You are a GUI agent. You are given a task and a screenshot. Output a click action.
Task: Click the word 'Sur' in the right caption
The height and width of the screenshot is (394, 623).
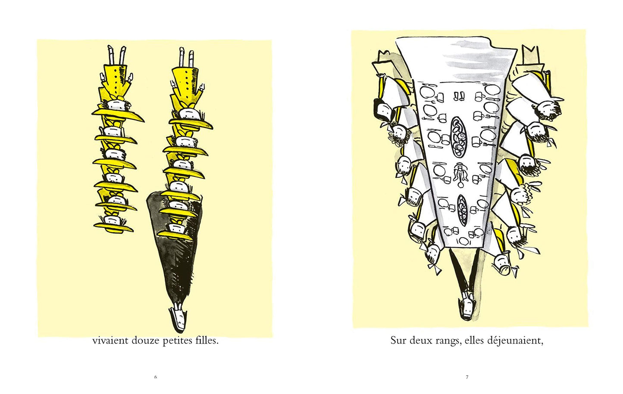(x=398, y=340)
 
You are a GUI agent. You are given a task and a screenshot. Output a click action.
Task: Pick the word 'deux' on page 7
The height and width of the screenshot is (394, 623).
(x=419, y=340)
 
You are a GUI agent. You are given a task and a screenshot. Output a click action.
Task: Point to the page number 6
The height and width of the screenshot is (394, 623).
(x=156, y=377)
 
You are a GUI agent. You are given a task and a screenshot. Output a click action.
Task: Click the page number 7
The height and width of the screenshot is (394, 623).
(x=467, y=377)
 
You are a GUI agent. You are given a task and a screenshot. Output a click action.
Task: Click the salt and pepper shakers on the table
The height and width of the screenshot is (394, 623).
(x=459, y=96)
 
